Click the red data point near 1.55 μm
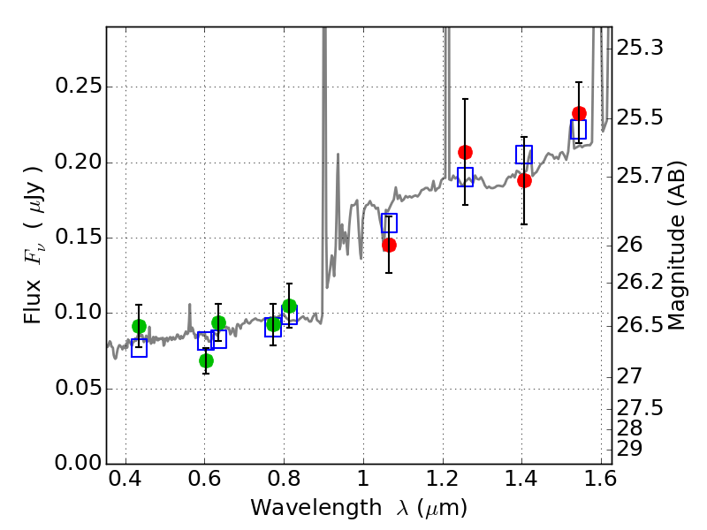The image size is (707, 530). [579, 113]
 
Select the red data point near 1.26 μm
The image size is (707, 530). [465, 152]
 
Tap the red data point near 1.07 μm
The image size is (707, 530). [389, 245]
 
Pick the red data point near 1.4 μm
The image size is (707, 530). [524, 180]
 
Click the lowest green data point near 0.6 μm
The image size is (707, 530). [206, 360]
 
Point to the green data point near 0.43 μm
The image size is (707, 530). [139, 326]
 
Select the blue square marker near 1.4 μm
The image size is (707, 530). [524, 155]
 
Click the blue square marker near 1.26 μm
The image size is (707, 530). [465, 177]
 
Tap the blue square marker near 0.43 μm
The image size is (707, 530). [139, 348]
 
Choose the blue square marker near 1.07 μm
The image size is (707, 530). [389, 223]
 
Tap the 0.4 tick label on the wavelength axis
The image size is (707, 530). [125, 483]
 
